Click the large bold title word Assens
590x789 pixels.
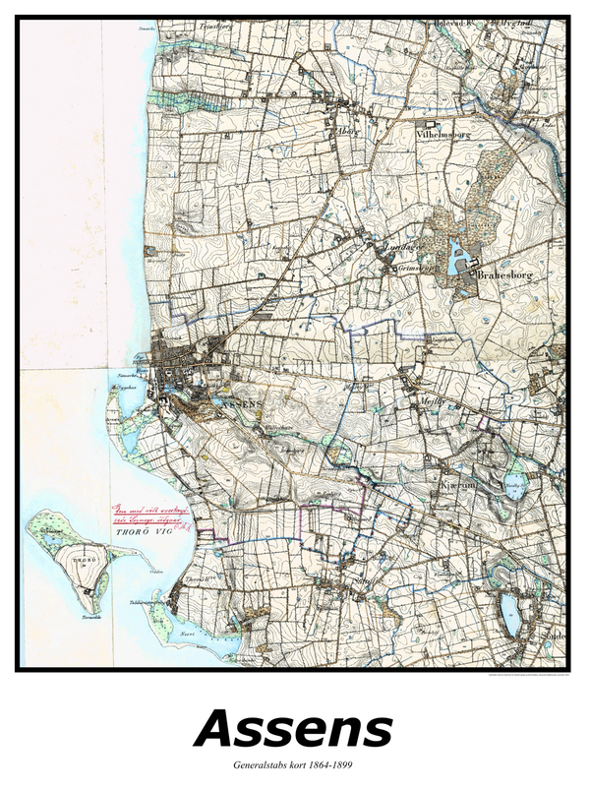pyautogui.click(x=293, y=730)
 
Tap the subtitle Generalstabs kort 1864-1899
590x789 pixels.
pyautogui.click(x=293, y=764)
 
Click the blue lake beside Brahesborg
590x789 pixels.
pyautogui.click(x=457, y=259)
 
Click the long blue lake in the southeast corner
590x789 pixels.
pyautogui.click(x=508, y=613)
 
